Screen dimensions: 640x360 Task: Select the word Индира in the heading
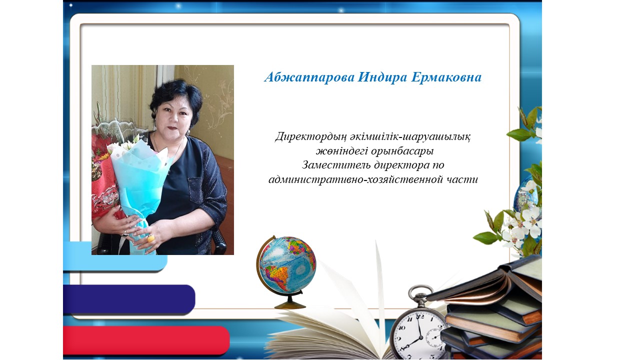(x=382, y=77)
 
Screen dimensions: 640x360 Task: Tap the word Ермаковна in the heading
(x=446, y=77)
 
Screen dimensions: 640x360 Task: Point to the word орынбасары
(x=402, y=151)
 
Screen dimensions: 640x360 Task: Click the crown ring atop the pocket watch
(x=419, y=291)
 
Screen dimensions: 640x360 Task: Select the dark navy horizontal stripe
(x=129, y=299)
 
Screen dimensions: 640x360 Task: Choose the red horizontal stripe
(x=146, y=340)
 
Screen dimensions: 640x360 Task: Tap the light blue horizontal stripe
(x=115, y=256)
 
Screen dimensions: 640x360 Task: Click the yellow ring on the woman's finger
(x=150, y=238)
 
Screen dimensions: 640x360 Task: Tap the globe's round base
(x=290, y=305)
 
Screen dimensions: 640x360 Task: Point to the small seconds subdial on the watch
(x=434, y=337)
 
